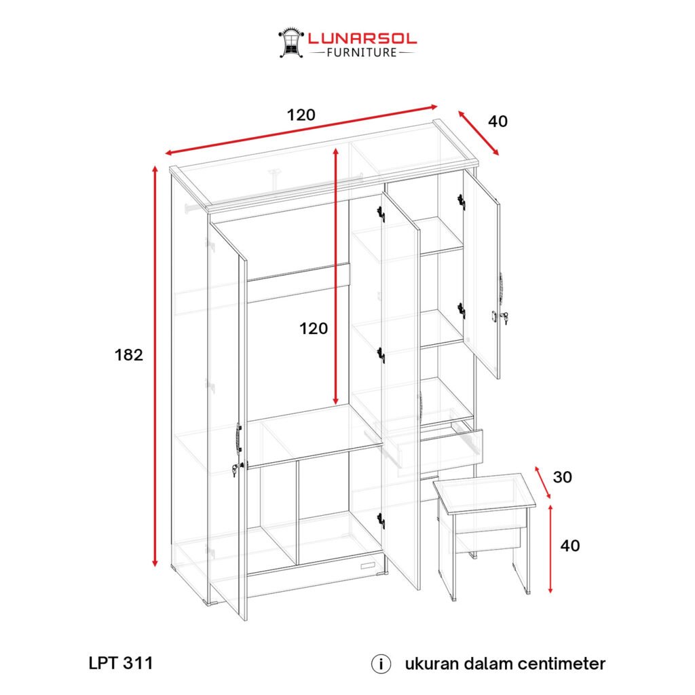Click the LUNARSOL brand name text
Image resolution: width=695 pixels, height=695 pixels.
[x=362, y=39]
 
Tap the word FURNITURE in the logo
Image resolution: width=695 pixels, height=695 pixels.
[x=362, y=53]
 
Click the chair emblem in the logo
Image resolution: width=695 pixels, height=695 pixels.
[x=291, y=43]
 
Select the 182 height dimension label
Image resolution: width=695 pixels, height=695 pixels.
[x=129, y=354]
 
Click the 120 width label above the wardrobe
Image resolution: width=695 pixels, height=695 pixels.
[x=301, y=115]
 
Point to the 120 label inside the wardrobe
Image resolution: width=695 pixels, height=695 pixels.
[x=314, y=328]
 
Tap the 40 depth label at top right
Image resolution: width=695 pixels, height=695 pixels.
[x=497, y=121]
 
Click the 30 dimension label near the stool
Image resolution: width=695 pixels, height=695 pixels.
[x=563, y=477]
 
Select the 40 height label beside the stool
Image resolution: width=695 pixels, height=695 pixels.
[x=570, y=546]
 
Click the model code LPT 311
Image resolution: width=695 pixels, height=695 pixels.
[x=121, y=663]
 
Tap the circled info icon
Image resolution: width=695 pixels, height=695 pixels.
[x=381, y=664]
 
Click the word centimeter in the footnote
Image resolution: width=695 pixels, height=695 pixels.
[x=561, y=664]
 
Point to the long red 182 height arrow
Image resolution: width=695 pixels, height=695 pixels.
[x=155, y=366]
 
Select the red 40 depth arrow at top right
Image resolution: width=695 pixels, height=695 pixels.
[x=478, y=133]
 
